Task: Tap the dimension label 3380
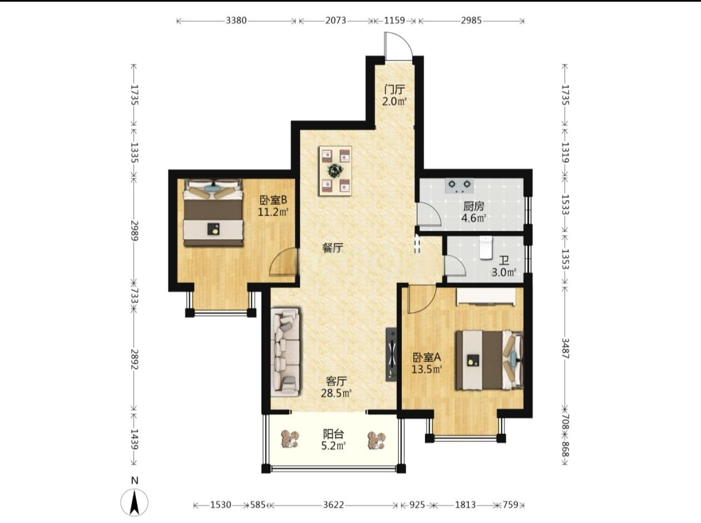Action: tap(236, 21)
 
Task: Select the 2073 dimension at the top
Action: tap(335, 21)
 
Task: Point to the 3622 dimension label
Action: tap(334, 505)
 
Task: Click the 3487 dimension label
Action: tap(565, 348)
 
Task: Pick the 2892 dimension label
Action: tap(135, 360)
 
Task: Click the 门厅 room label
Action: tap(394, 89)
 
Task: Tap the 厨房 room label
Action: tap(473, 207)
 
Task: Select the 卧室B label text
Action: tap(273, 200)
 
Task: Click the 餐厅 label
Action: tap(333, 247)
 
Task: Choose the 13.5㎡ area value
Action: tap(427, 369)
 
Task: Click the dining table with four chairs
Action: tap(335, 171)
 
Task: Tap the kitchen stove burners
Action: tap(460, 186)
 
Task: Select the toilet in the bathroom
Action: tap(486, 247)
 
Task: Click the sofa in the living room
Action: tap(285, 352)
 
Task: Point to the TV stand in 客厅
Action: tap(392, 354)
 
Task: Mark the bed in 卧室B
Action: tap(213, 212)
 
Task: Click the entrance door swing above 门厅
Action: tap(398, 46)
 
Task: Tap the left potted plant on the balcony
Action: tap(290, 440)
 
